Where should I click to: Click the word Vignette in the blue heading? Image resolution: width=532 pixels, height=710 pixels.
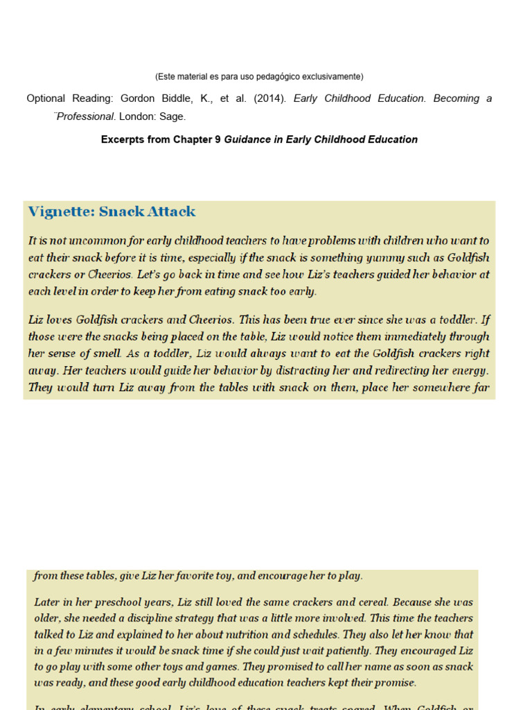(60, 211)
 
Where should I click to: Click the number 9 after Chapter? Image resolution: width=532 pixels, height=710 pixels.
(218, 139)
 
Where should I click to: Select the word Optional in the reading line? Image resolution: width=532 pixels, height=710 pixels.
(46, 98)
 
